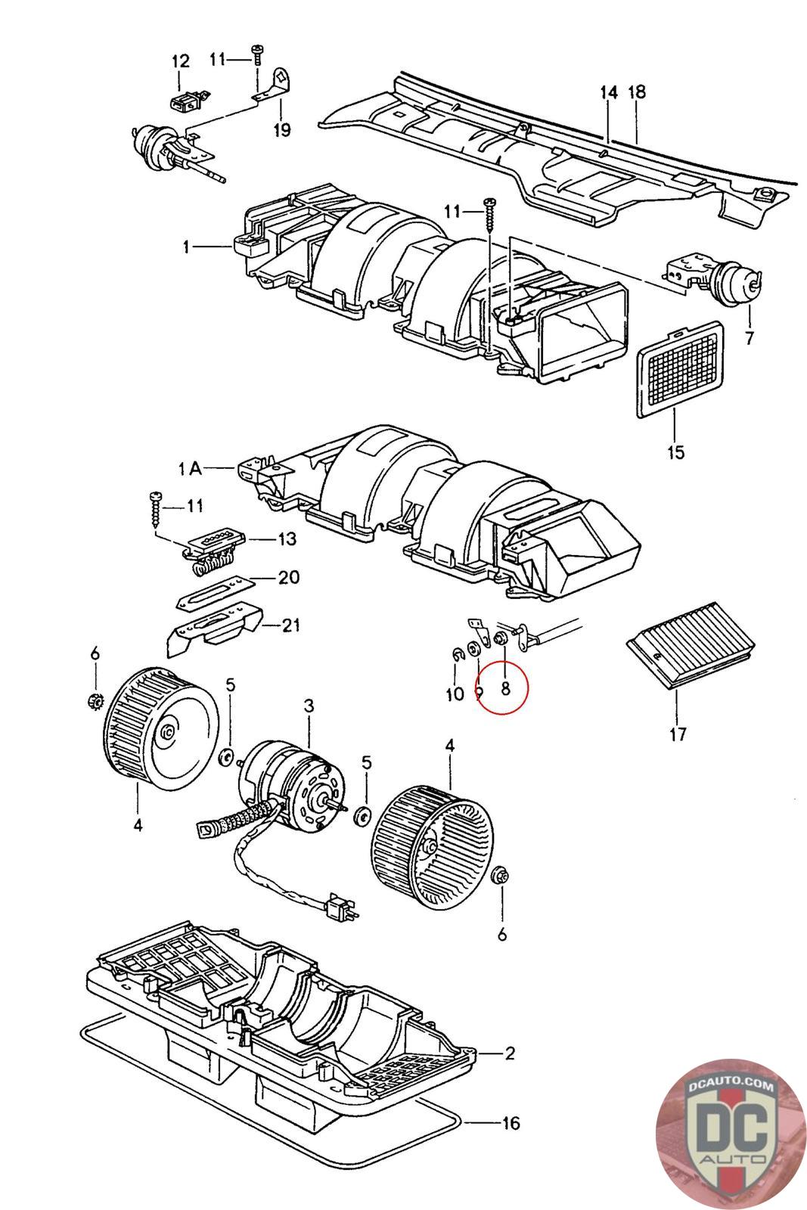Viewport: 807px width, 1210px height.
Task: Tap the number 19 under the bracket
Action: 281,129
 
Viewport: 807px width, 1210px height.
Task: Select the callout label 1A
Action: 190,469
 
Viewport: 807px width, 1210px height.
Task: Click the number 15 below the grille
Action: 675,452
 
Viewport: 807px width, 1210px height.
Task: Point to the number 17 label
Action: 678,733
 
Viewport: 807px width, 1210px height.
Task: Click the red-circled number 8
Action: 505,687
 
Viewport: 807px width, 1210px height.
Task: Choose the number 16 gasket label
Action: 511,1122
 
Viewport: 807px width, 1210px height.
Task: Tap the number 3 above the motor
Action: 309,706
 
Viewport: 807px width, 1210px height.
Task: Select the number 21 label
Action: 291,625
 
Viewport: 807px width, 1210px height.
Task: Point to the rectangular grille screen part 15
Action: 678,365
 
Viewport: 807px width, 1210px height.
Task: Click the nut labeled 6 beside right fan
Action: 500,876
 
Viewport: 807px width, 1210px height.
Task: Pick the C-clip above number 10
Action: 457,655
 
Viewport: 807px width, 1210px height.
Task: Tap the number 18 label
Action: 637,92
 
